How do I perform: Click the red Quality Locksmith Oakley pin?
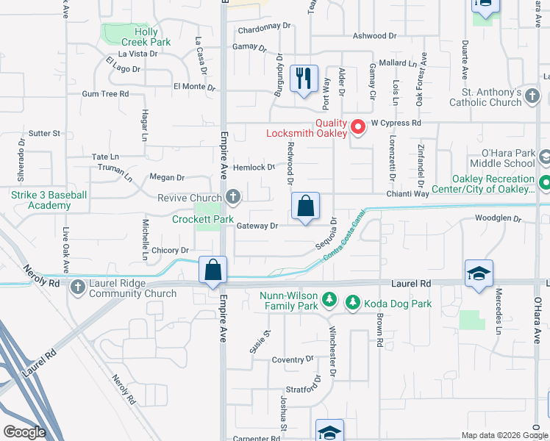point(359,126)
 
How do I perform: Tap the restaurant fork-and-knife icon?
point(304,76)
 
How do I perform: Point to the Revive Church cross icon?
point(233,197)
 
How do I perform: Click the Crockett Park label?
point(202,219)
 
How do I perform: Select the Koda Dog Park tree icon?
point(352,301)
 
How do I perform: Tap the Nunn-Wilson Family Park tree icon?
point(330,300)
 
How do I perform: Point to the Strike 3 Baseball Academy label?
point(49,200)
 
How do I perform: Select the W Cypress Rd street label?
point(396,123)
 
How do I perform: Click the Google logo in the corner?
point(24,431)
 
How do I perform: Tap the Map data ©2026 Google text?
point(504,435)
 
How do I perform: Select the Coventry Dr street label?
point(292,359)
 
